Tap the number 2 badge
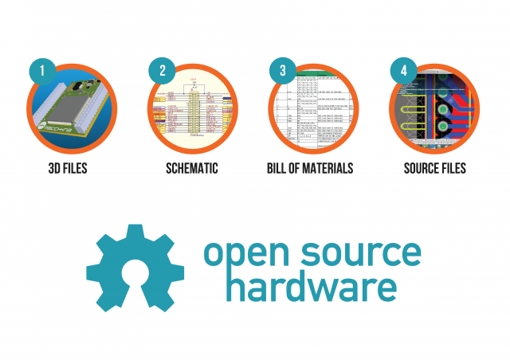pyautogui.click(x=162, y=71)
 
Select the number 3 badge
pyautogui.click(x=282, y=71)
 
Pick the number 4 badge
pyautogui.click(x=402, y=71)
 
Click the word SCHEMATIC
pyautogui.click(x=191, y=169)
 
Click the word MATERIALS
pyautogui.click(x=328, y=169)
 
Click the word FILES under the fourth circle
pyautogui.click(x=453, y=169)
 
